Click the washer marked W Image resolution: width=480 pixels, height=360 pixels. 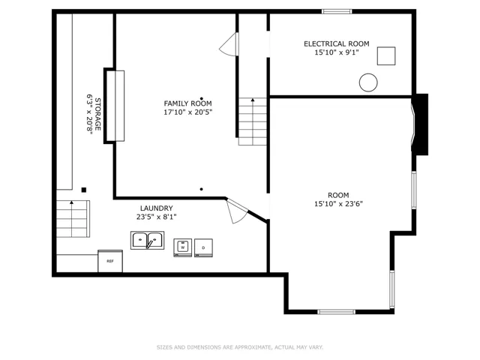(x=183, y=247)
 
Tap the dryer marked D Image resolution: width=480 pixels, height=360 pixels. (x=203, y=247)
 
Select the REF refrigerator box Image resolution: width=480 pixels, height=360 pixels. (x=110, y=261)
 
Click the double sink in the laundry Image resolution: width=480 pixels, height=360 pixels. (x=147, y=240)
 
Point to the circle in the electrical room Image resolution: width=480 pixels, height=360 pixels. (x=368, y=82)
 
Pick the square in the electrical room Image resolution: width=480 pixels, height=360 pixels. (x=386, y=56)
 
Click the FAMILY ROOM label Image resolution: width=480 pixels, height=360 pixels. (x=187, y=103)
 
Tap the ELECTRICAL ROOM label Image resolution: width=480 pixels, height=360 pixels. (x=337, y=43)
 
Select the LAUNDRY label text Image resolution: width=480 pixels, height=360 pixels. (x=157, y=208)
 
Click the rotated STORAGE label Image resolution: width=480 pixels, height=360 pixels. (x=98, y=114)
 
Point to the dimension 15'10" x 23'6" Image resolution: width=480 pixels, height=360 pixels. (x=338, y=204)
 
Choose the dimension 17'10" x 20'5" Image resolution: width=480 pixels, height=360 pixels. (x=187, y=112)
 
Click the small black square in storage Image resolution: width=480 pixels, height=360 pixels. (x=84, y=190)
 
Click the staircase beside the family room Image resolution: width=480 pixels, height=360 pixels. (x=253, y=121)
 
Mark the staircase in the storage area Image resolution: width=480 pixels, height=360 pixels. (x=73, y=219)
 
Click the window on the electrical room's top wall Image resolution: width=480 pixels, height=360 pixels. (x=337, y=12)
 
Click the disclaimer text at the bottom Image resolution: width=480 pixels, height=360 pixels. (x=240, y=347)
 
